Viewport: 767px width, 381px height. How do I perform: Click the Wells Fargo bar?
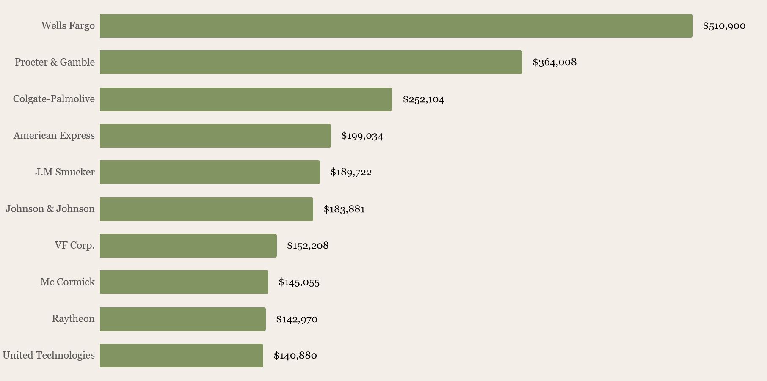point(396,26)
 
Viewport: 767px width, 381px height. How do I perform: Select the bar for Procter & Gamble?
point(311,62)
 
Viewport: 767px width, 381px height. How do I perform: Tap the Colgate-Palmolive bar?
point(246,99)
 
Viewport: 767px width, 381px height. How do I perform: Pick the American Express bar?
point(215,136)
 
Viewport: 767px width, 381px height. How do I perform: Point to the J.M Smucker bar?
point(210,172)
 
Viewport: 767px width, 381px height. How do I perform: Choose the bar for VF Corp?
point(188,246)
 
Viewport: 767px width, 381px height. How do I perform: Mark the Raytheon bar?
point(182,319)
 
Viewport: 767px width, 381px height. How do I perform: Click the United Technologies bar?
point(181,356)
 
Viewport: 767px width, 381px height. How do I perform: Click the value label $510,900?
point(724,26)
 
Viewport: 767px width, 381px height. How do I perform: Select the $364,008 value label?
point(554,62)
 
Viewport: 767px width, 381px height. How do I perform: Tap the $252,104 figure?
point(423,99)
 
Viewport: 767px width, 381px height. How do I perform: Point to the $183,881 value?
point(344,209)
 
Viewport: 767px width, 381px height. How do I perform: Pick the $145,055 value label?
point(299,282)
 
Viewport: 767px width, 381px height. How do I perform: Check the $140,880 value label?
point(295,356)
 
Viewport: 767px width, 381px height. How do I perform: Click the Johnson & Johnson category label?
point(50,209)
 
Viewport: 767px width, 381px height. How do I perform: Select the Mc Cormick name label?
point(67,282)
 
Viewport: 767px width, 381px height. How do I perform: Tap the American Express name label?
point(54,136)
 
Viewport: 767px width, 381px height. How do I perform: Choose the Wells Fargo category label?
point(68,26)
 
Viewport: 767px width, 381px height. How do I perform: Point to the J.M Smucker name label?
point(65,172)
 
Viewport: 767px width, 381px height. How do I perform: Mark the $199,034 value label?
point(362,136)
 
